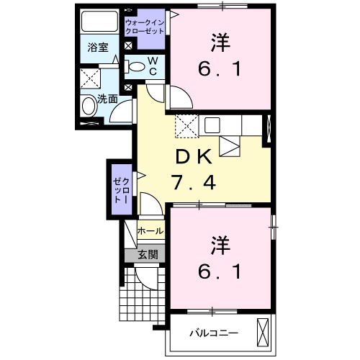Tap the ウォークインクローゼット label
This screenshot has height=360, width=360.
tap(147, 27)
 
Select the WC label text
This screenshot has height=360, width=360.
tap(153, 66)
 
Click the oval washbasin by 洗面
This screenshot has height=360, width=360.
tap(89, 107)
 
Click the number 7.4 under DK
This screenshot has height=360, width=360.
tap(192, 183)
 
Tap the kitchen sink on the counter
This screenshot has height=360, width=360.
tap(211, 125)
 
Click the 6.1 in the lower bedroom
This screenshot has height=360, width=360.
tap(220, 272)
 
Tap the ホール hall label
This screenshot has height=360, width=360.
tap(150, 231)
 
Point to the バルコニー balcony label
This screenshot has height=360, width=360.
tap(213, 333)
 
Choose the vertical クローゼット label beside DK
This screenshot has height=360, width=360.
tap(121, 188)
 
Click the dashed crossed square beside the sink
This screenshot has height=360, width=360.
tap(185, 126)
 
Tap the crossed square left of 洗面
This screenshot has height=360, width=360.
tap(90, 78)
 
